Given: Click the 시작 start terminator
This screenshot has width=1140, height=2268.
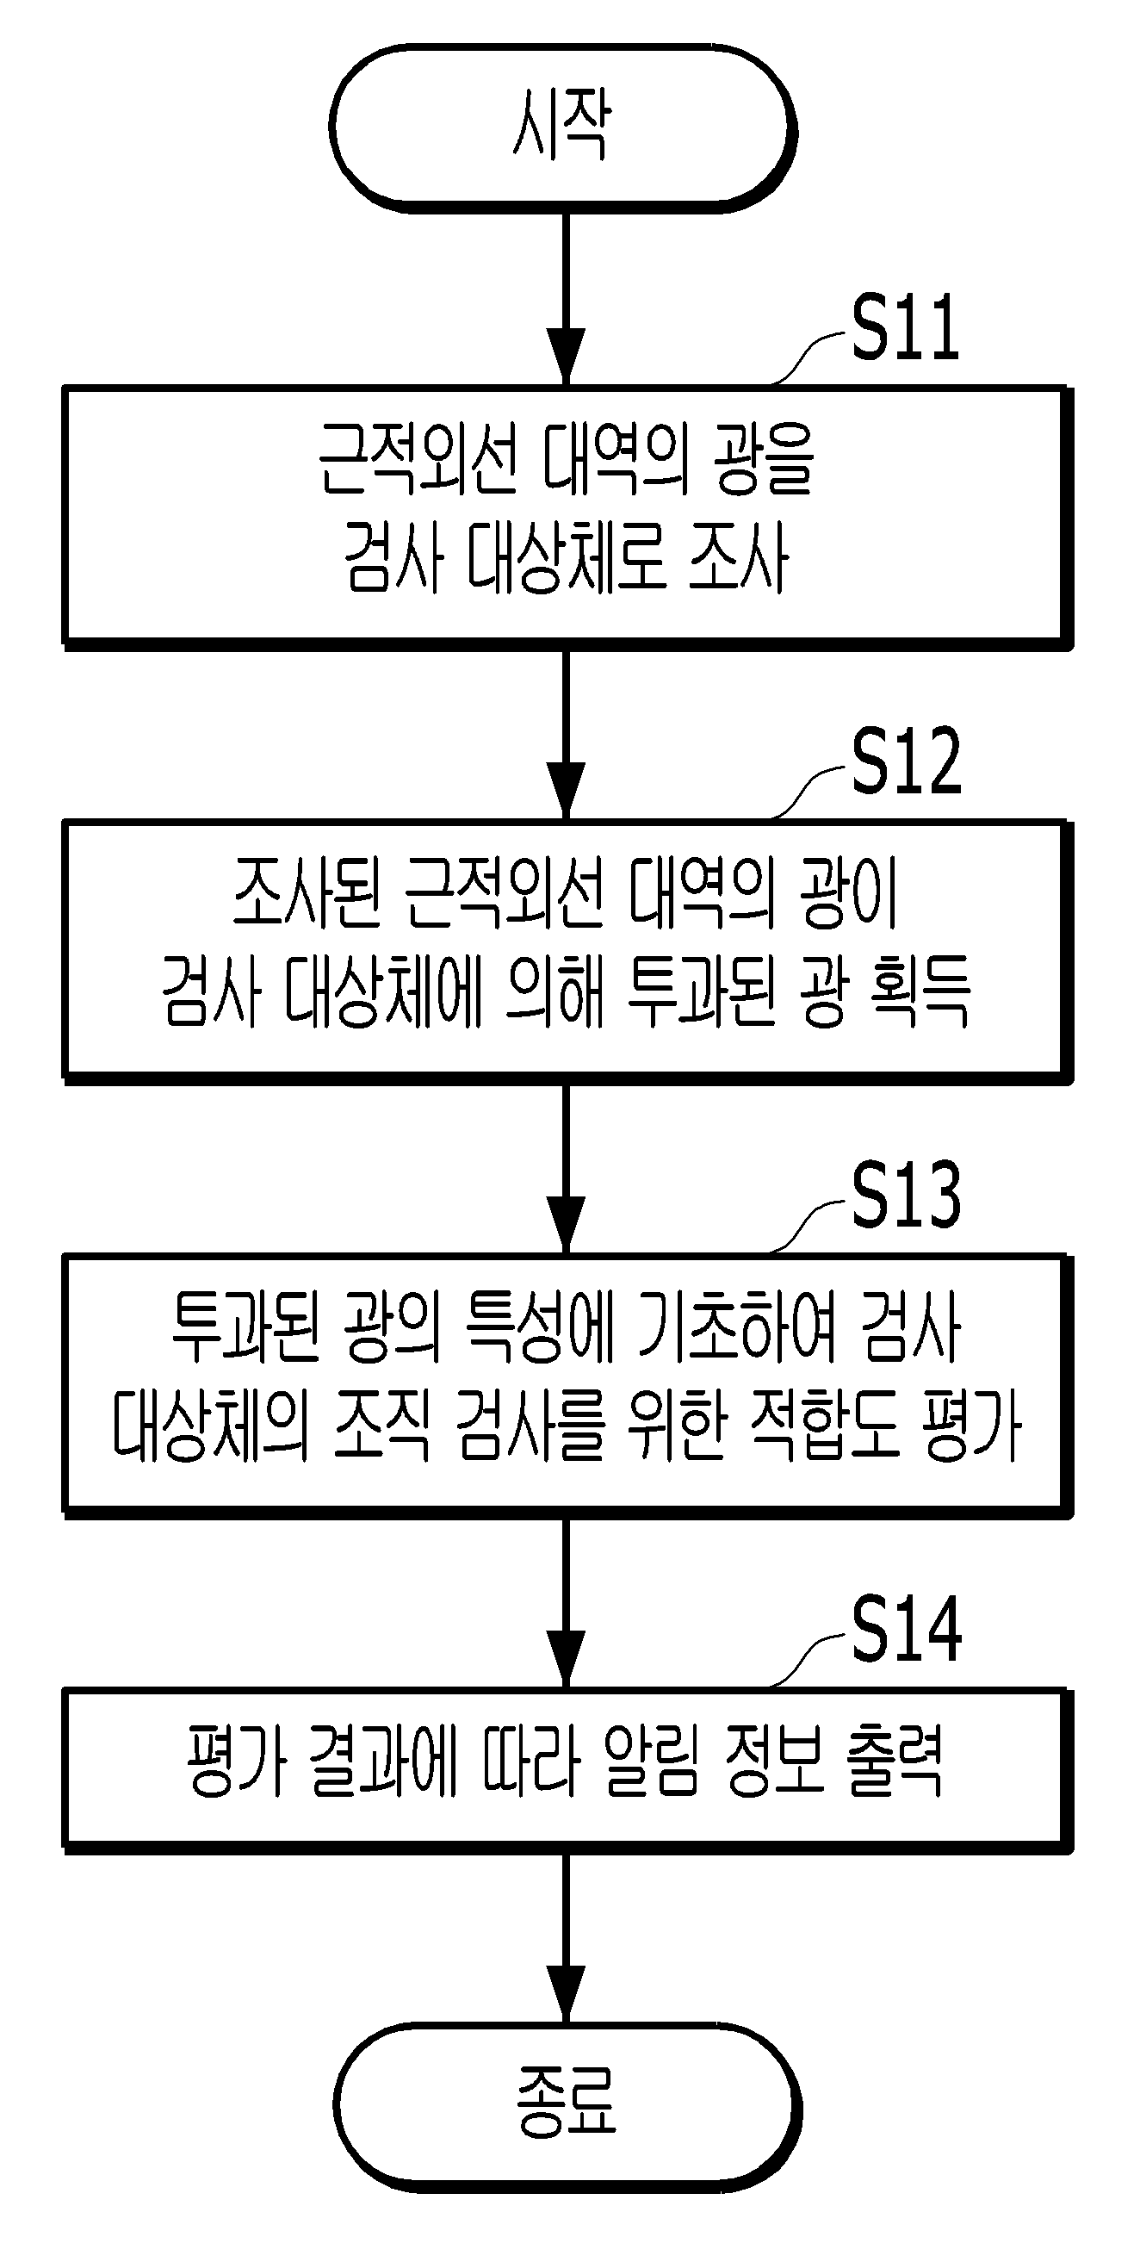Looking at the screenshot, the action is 563,128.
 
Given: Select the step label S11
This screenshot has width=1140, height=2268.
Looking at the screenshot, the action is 906,327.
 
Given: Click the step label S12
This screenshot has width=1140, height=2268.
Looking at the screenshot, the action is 907,761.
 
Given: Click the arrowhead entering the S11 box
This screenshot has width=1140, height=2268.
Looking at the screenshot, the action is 566,357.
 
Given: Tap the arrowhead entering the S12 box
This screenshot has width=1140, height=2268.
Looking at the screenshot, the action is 566,792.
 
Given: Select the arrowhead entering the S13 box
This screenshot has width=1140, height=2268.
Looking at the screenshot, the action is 566,1225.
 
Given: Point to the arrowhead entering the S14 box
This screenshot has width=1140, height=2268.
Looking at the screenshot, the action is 566,1659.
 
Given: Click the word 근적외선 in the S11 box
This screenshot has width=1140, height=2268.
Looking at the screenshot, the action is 417,459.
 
